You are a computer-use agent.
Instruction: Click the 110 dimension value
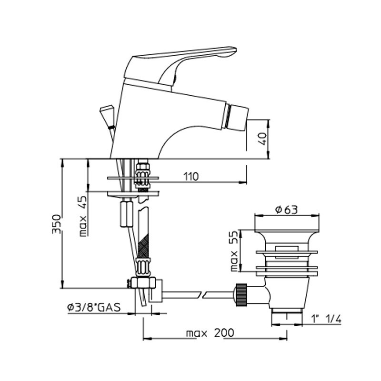click(x=191, y=177)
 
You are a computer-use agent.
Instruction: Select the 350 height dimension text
click(x=56, y=224)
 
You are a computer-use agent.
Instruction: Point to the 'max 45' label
click(x=83, y=216)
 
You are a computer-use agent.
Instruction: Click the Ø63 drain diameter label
click(x=287, y=210)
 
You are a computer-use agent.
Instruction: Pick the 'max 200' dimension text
click(x=210, y=332)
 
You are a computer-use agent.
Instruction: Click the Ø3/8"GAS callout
click(x=94, y=307)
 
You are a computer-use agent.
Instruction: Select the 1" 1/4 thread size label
click(x=326, y=319)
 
